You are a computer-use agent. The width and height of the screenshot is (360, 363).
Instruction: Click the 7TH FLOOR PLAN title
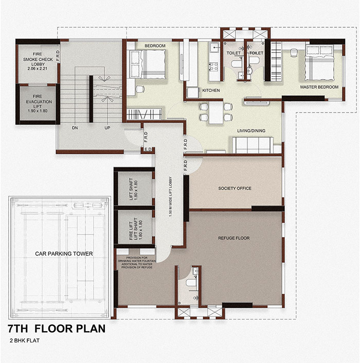pyautogui.click(x=57, y=329)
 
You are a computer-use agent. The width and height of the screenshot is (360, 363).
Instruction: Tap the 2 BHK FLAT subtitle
pyautogui.click(x=25, y=340)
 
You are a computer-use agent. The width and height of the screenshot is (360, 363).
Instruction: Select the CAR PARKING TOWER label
pyautogui.click(x=64, y=253)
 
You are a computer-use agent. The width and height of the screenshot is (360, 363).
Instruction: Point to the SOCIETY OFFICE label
pyautogui.click(x=235, y=188)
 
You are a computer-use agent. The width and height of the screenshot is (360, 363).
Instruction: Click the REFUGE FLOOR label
pyautogui.click(x=234, y=238)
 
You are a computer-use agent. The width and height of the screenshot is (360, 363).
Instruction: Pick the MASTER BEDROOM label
pyautogui.click(x=319, y=87)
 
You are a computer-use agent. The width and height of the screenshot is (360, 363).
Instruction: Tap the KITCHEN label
pyautogui.click(x=211, y=90)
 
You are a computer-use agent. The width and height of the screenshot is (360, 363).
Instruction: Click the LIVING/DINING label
pyautogui.click(x=251, y=131)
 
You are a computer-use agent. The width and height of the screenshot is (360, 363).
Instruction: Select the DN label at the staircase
pyautogui.click(x=75, y=128)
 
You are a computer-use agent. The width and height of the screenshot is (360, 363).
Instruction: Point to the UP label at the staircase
pyautogui.click(x=107, y=128)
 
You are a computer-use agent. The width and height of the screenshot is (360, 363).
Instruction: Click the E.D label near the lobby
pyautogui.click(x=148, y=149)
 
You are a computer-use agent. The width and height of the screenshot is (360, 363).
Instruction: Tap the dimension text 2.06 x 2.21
pyautogui.click(x=37, y=68)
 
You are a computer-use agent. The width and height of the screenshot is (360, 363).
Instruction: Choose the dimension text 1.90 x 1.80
pyautogui.click(x=37, y=111)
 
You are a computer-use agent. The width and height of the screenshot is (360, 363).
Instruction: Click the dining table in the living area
pyautogui.click(x=216, y=113)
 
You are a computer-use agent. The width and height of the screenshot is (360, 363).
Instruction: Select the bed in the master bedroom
pyautogui.click(x=319, y=63)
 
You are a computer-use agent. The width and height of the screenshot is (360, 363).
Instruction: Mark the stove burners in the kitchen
pyautogui.click(x=213, y=66)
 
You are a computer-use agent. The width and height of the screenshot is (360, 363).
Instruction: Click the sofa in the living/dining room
pyautogui.click(x=253, y=145)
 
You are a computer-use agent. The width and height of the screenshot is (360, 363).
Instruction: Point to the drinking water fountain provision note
pyautogui.click(x=137, y=263)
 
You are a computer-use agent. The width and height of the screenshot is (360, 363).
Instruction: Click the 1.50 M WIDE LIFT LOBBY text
pyautogui.click(x=171, y=197)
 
